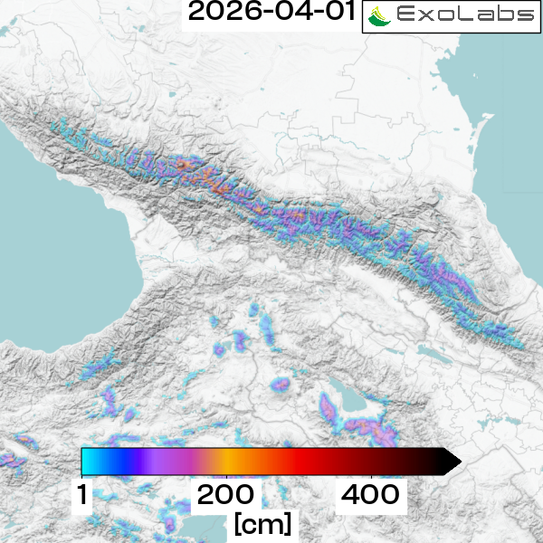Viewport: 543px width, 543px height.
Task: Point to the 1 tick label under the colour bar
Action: point(82,495)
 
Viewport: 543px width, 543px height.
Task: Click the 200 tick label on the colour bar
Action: point(225,495)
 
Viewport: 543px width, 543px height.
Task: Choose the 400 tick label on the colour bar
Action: point(370,495)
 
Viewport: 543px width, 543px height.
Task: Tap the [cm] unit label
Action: point(262,523)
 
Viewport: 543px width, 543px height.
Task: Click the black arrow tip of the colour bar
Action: point(452,462)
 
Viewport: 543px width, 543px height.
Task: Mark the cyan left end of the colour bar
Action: point(88,462)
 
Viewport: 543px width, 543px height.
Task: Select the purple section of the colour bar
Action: point(154,462)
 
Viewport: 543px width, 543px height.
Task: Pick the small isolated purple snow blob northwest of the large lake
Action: point(281,385)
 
